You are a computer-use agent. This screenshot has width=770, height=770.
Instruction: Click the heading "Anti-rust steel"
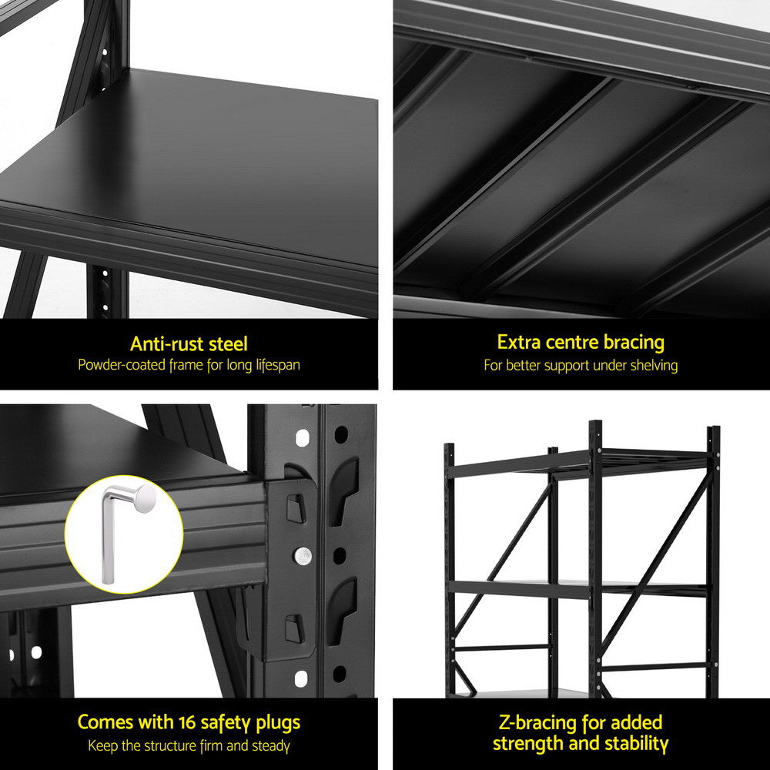189,343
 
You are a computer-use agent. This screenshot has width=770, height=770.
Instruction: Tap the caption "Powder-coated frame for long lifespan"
189,364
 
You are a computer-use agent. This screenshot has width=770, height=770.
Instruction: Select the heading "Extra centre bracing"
581,342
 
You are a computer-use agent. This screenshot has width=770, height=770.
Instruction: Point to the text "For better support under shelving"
581,365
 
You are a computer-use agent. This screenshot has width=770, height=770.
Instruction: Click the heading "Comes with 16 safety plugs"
189,722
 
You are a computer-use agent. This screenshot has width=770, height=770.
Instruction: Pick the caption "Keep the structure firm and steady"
189,745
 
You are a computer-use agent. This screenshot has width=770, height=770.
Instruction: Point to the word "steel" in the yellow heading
226,343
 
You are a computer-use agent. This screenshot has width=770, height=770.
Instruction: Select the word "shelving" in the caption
652,365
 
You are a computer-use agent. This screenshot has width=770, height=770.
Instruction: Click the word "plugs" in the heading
276,723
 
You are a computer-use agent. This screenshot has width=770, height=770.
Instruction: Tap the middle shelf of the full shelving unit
577,588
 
